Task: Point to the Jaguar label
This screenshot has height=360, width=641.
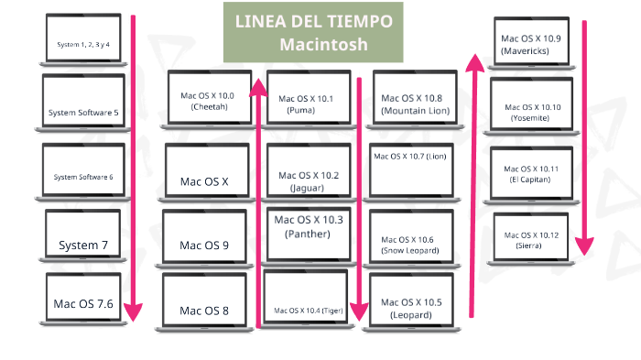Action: (307, 188)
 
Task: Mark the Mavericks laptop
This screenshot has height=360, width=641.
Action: (532, 44)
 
